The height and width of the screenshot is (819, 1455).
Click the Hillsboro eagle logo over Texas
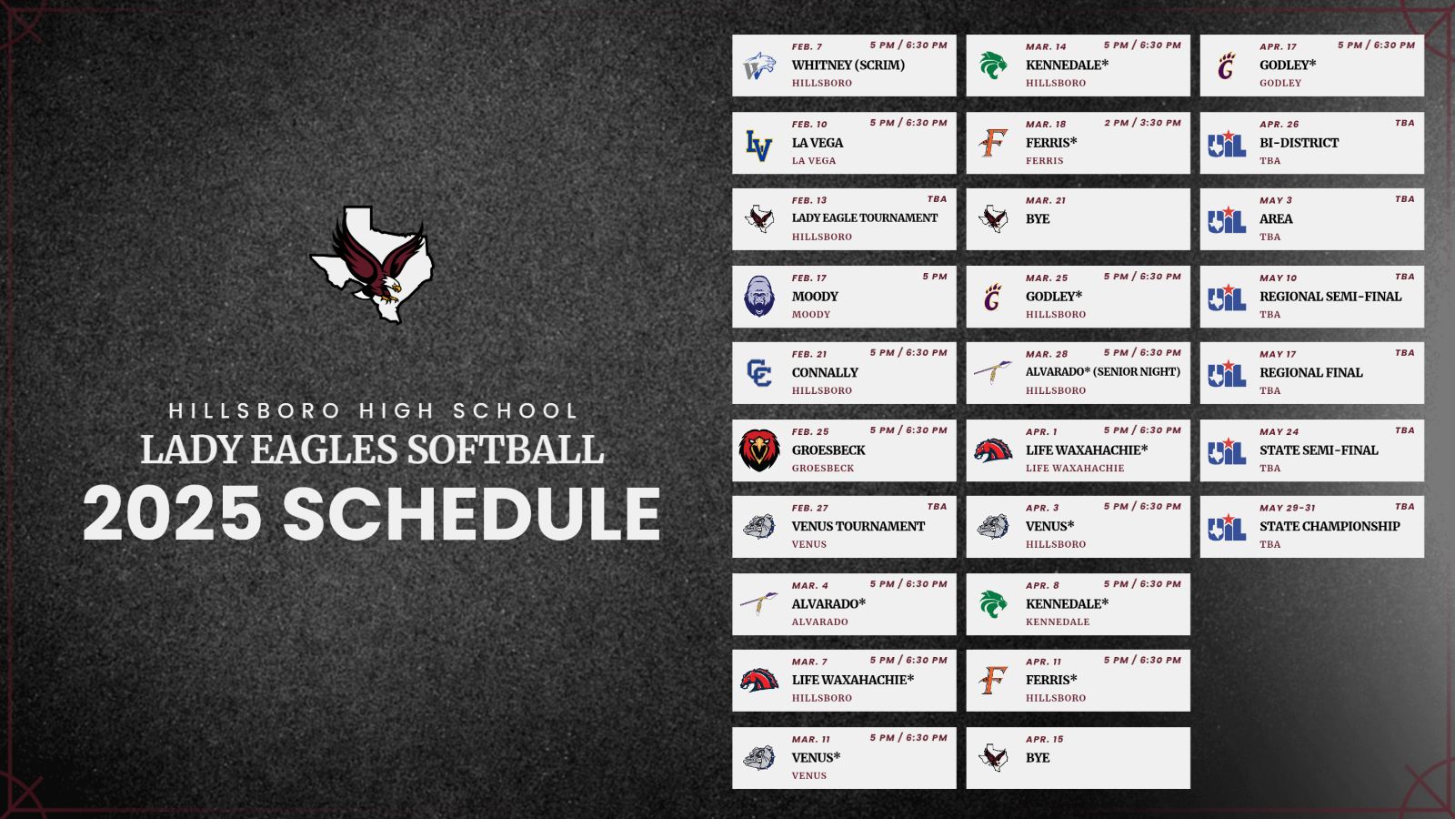click(x=372, y=264)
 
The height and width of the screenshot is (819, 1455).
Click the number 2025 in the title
click(x=172, y=513)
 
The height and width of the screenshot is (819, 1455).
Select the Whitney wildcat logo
click(x=759, y=66)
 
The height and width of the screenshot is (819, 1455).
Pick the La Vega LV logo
click(x=758, y=145)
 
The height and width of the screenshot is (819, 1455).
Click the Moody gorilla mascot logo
click(x=758, y=297)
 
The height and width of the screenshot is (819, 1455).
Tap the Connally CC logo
click(x=758, y=373)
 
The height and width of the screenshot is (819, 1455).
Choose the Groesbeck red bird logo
click(x=758, y=450)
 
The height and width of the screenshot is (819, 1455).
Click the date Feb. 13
click(x=809, y=200)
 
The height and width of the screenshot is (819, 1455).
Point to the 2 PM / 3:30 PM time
click(x=1142, y=122)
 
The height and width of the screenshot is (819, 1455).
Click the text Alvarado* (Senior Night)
click(x=1103, y=372)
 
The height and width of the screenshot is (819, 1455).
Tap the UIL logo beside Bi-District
click(x=1227, y=144)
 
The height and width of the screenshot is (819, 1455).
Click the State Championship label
click(x=1330, y=526)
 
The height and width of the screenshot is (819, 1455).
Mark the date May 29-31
click(x=1288, y=508)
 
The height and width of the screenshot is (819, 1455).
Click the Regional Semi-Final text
click(x=1330, y=297)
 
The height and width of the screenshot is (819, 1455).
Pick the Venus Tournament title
click(x=858, y=526)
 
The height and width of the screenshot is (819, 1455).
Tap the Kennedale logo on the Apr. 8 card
click(x=993, y=604)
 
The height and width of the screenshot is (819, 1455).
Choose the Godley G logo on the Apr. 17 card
click(x=1227, y=66)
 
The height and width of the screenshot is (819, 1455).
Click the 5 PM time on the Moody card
click(x=935, y=277)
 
